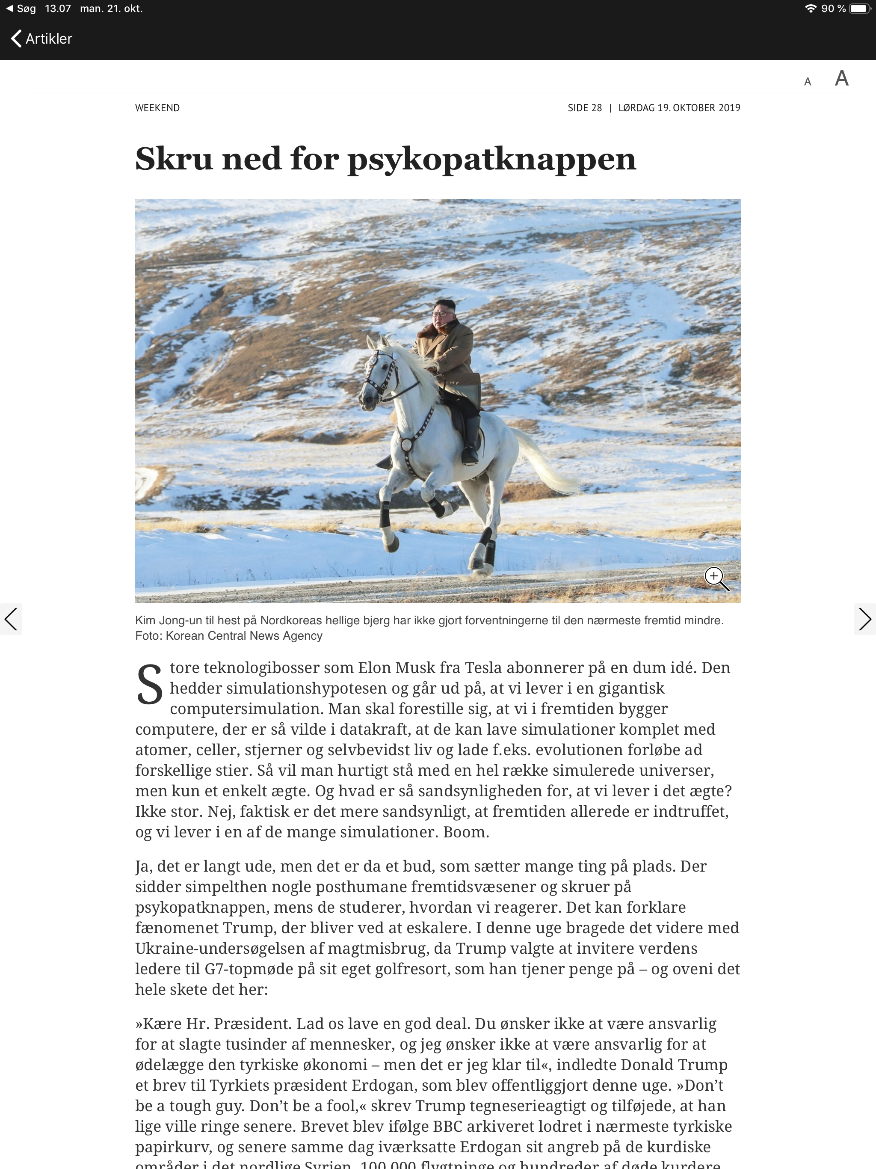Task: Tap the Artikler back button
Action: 41,39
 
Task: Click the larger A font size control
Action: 841,79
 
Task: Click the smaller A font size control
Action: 807,82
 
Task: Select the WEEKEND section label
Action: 157,108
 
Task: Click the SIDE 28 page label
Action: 584,108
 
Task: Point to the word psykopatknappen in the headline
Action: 491,159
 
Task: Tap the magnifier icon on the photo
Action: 716,578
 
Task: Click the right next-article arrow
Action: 864,619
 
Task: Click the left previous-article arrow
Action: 11,619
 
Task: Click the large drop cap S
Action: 150,685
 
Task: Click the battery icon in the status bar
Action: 859,9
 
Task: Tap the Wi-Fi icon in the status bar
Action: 810,9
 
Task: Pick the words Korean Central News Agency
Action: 244,636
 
